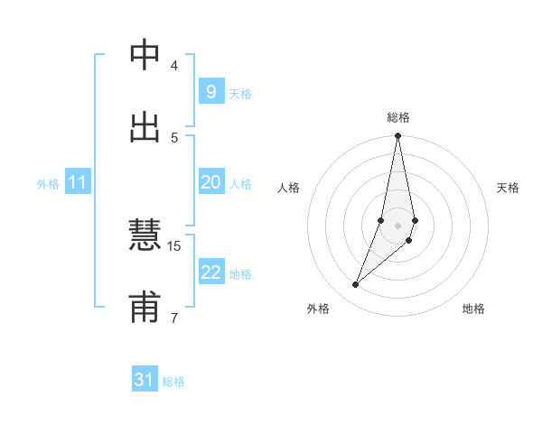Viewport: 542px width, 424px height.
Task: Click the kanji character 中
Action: pyautogui.click(x=145, y=55)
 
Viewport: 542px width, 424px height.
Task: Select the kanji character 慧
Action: pyautogui.click(x=145, y=236)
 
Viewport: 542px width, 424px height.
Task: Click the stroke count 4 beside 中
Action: pyautogui.click(x=174, y=65)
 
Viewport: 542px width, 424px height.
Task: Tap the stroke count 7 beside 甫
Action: pyautogui.click(x=174, y=317)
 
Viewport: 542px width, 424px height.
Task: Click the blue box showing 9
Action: pyautogui.click(x=210, y=92)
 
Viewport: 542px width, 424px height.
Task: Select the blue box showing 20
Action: pyautogui.click(x=210, y=182)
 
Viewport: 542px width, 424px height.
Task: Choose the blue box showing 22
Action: pyautogui.click(x=210, y=272)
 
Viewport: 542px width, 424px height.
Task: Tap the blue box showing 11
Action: pyautogui.click(x=78, y=183)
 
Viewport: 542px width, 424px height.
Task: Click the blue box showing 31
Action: pyautogui.click(x=145, y=380)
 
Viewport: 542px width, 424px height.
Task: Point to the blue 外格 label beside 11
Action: pyautogui.click(x=48, y=184)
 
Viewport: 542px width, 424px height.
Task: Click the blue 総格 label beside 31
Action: pyautogui.click(x=173, y=382)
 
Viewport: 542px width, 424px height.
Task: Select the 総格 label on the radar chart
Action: pyautogui.click(x=398, y=117)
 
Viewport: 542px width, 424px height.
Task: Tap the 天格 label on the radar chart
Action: pyautogui.click(x=508, y=188)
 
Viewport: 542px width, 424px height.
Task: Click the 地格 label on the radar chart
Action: pyautogui.click(x=473, y=309)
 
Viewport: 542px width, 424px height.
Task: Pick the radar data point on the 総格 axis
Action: pyautogui.click(x=398, y=136)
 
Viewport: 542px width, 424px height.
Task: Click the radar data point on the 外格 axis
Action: pyautogui.click(x=356, y=285)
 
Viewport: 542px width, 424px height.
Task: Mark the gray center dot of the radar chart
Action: pyautogui.click(x=398, y=225)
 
